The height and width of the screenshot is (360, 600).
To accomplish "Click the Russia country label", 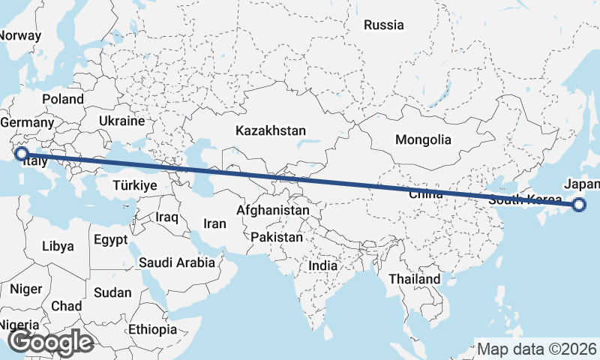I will pos(383,25).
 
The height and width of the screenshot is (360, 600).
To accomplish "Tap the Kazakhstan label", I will pos(270,130).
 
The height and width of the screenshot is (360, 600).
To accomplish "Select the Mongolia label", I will pos(423,139).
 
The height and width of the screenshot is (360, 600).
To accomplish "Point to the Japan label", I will pos(582,184).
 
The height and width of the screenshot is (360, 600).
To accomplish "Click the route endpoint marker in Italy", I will pos(22,154).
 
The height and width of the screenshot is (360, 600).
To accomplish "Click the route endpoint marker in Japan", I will pos(578,205).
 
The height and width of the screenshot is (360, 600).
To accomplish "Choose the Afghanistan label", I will pos(272,211).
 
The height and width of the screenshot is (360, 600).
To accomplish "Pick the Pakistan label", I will pos(277,237).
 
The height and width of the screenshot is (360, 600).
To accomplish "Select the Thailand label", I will pos(414,279).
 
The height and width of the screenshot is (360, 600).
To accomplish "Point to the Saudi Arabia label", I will pos(176,262).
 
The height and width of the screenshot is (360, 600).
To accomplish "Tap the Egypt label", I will pos(112,240).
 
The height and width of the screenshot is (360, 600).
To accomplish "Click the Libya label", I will pos(58,246).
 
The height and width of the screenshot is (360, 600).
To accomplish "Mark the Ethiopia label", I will pos(152,329).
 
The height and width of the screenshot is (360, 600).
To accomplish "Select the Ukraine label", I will pos(121,121).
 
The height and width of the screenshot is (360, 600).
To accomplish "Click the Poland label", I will pos(63,99).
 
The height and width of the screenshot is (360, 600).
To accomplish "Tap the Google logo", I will pos(50,342).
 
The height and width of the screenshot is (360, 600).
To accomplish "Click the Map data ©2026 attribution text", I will pos(537,349).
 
